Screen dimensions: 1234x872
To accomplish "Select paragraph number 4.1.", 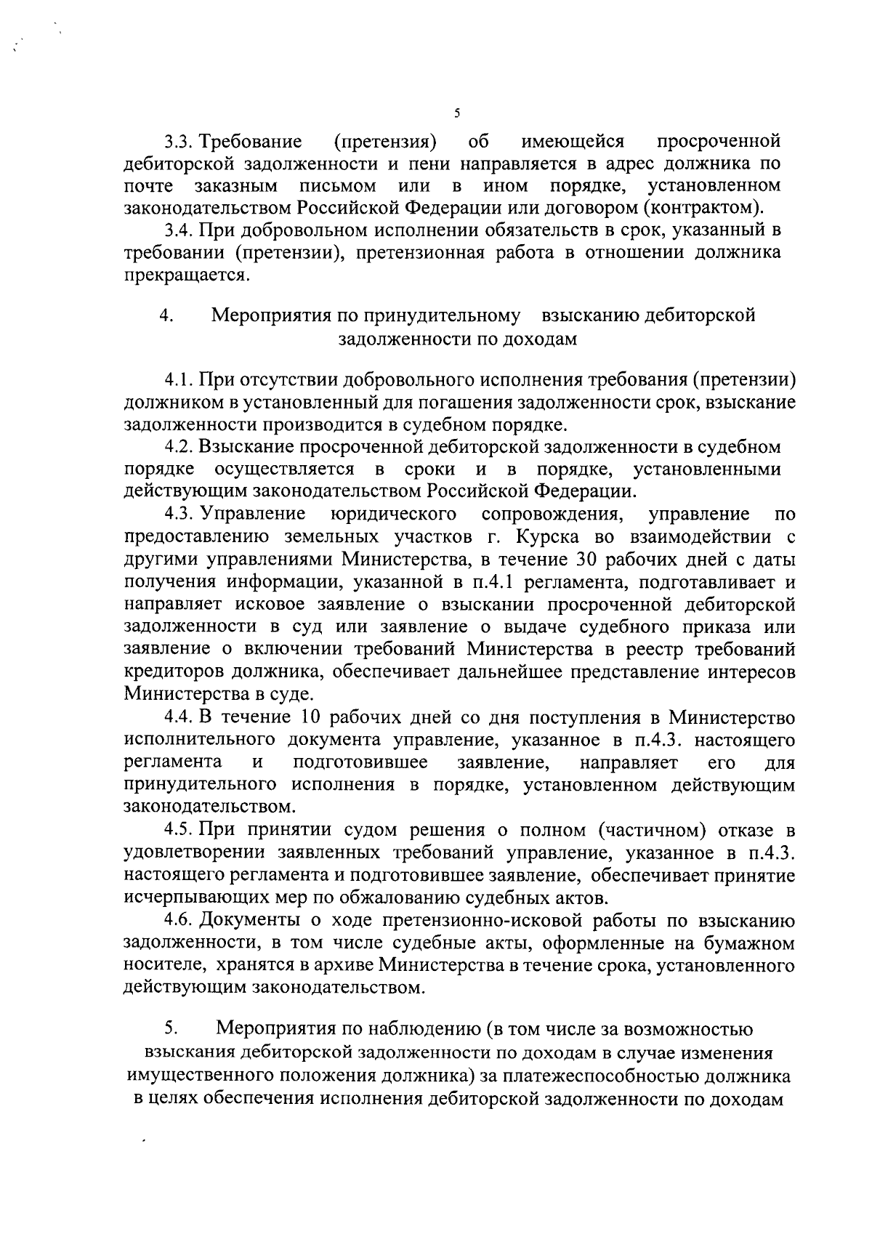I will coord(178,379).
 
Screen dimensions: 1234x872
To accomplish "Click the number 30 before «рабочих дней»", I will coord(586,560).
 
